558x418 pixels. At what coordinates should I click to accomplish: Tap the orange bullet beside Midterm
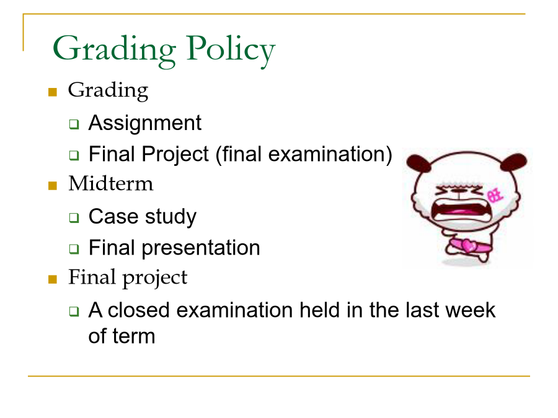tap(53, 186)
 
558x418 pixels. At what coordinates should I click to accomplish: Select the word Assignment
tap(145, 124)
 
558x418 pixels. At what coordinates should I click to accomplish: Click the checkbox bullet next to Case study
tap(74, 217)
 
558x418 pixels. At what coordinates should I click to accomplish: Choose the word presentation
tap(201, 248)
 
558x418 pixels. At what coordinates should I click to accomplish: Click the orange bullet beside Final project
tap(53, 279)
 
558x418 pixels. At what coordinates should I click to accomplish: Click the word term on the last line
tap(133, 336)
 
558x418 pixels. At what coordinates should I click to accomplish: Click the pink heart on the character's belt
tap(469, 246)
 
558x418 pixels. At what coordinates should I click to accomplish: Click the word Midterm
tap(111, 184)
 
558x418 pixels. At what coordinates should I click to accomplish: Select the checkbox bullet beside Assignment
tap(74, 124)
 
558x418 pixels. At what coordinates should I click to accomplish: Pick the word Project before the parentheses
tap(175, 155)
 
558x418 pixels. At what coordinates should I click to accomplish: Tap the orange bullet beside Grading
tap(53, 92)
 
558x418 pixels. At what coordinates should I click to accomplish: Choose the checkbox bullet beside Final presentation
tap(74, 248)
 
